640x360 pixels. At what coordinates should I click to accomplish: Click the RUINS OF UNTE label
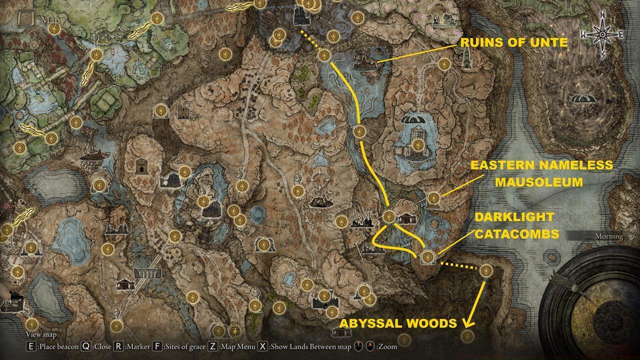click(513, 43)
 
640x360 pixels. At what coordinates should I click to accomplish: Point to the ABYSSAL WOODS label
click(398, 323)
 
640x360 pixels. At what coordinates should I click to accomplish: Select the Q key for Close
click(86, 346)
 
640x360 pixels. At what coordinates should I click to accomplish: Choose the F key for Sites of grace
click(157, 346)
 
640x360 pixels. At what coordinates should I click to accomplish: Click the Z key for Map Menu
click(212, 346)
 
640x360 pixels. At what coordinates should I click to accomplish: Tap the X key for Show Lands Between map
click(263, 346)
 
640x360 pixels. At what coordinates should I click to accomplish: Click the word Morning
click(609, 236)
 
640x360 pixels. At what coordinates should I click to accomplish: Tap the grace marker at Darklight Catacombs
click(427, 257)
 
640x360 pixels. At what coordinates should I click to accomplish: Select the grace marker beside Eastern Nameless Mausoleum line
click(433, 198)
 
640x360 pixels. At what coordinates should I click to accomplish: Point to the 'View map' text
click(41, 334)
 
